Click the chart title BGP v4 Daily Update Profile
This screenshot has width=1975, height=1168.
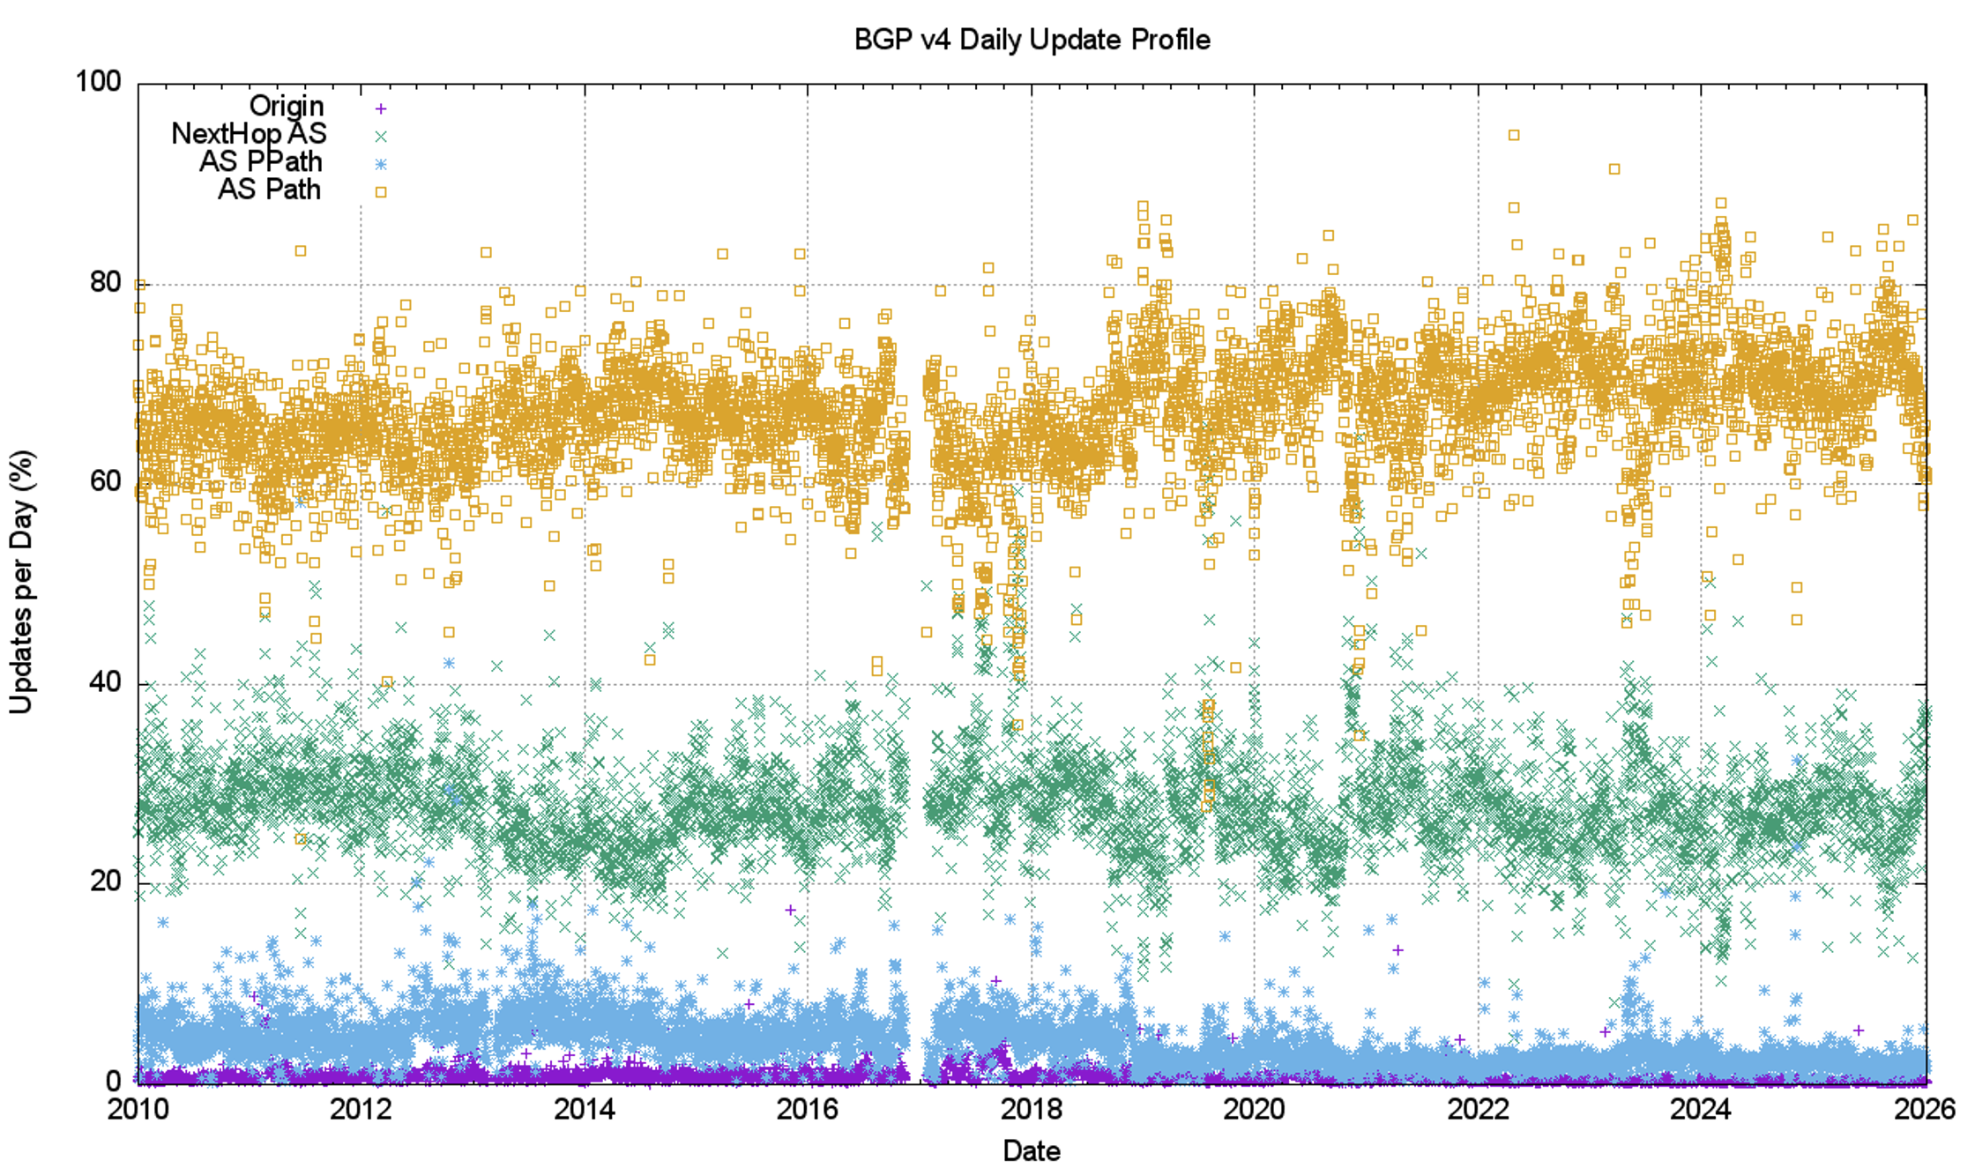(x=1032, y=40)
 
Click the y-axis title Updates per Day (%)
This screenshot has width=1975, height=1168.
(x=22, y=582)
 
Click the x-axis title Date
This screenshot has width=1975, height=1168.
(x=1032, y=1150)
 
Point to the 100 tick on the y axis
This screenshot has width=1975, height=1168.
(x=98, y=81)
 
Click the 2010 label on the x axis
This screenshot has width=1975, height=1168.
(x=138, y=1109)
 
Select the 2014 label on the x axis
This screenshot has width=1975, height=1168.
(x=584, y=1109)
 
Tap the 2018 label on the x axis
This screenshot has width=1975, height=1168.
(x=1031, y=1109)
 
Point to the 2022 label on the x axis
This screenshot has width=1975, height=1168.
(x=1478, y=1109)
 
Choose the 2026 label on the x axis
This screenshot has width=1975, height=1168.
(x=1925, y=1109)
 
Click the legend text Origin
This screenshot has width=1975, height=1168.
(x=287, y=107)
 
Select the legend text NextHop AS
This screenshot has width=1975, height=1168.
(x=249, y=134)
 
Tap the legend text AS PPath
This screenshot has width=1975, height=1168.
(x=261, y=162)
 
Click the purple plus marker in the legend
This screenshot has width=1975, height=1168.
(x=381, y=108)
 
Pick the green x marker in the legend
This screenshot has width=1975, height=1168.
(x=381, y=137)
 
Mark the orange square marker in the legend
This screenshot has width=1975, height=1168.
(x=381, y=192)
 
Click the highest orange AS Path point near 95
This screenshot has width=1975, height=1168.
(x=1514, y=136)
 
